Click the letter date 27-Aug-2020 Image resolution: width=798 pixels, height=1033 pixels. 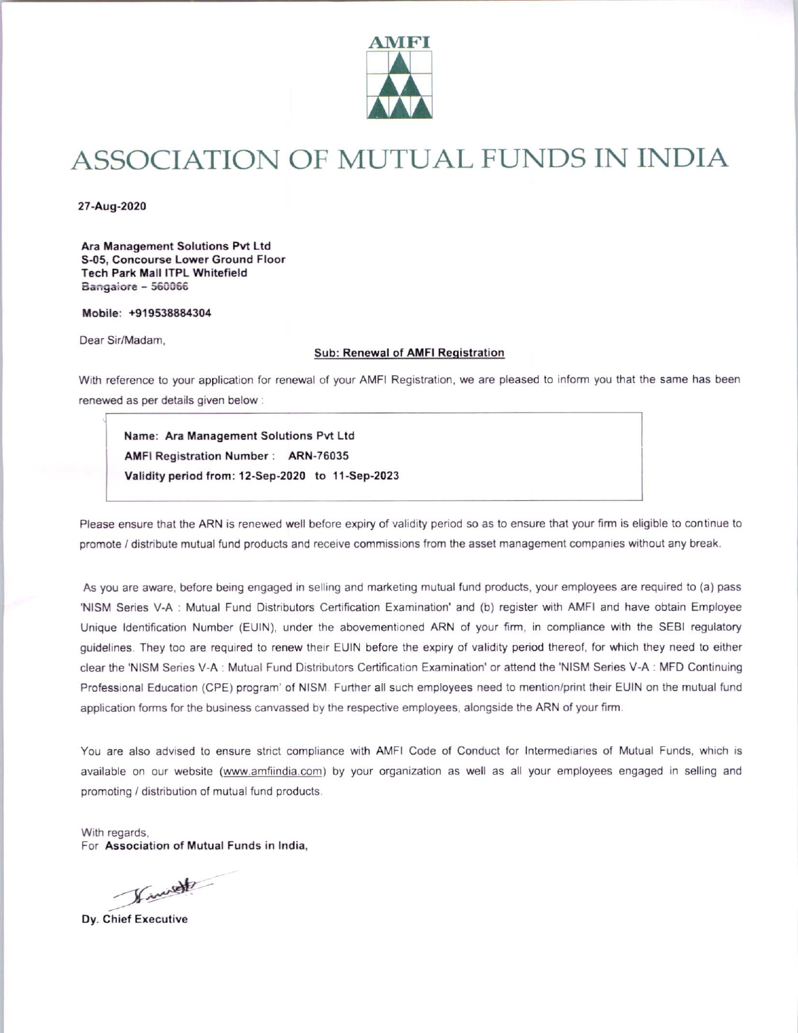pos(111,206)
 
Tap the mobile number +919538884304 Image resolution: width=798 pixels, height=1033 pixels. pos(170,314)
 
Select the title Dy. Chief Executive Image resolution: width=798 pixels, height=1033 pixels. pos(135,920)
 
